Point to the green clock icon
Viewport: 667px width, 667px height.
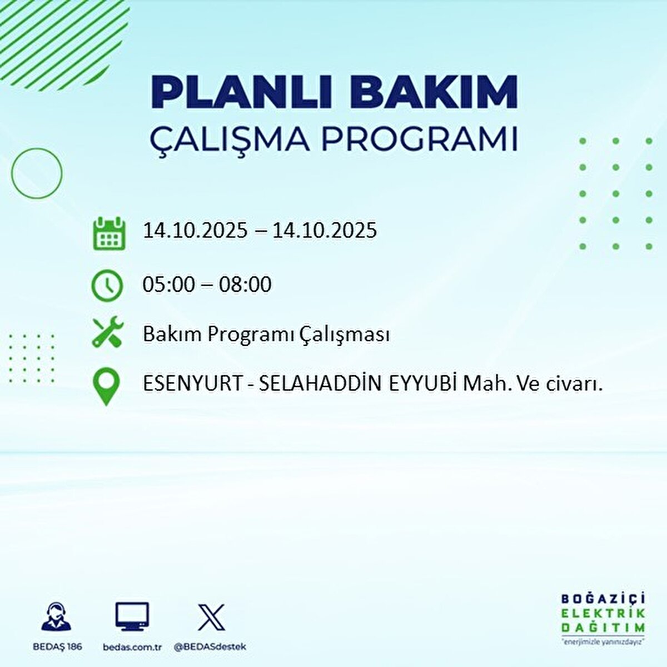pyautogui.click(x=107, y=286)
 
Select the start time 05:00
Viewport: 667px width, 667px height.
pyautogui.click(x=168, y=285)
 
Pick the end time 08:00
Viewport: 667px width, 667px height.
pyautogui.click(x=245, y=285)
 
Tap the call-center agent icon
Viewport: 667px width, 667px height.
pyautogui.click(x=56, y=616)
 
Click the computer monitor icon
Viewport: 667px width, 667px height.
pyautogui.click(x=132, y=617)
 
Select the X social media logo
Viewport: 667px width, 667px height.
pyautogui.click(x=211, y=617)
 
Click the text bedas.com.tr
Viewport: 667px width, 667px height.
pyautogui.click(x=132, y=647)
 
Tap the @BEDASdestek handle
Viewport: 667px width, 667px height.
pyautogui.click(x=210, y=647)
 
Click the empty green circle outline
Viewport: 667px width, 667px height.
pyautogui.click(x=37, y=173)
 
